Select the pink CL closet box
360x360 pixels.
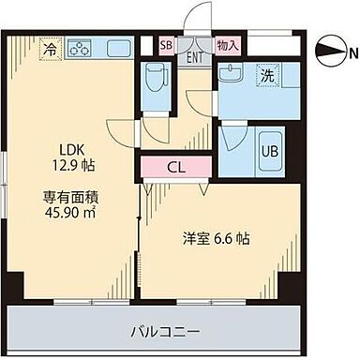(x=176, y=169)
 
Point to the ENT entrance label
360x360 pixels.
(x=195, y=57)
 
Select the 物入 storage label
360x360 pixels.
(x=227, y=44)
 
